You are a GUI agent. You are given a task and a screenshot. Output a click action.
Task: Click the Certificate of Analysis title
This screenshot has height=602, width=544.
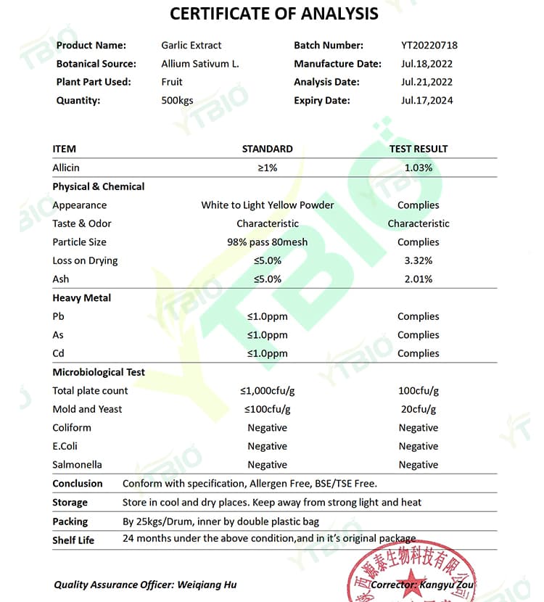tap(273, 13)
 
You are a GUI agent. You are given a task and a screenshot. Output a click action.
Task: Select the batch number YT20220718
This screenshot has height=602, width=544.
tap(429, 45)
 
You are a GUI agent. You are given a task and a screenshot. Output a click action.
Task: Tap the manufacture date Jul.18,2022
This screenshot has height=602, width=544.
tap(426, 64)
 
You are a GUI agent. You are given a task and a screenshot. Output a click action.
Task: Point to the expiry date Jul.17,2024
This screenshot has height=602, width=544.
tap(426, 101)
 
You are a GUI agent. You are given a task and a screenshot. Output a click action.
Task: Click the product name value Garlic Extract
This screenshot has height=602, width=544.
tap(191, 45)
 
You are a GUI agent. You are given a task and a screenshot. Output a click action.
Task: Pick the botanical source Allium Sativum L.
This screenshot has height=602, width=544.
tap(200, 64)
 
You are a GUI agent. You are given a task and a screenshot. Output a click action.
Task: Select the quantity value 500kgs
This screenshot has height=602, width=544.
tap(178, 101)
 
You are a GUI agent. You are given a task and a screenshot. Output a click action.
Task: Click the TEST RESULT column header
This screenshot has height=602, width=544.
tap(419, 149)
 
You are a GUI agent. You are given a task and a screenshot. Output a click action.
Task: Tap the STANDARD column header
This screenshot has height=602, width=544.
tap(267, 149)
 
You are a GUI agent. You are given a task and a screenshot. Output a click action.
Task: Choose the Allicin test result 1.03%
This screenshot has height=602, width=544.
tap(419, 168)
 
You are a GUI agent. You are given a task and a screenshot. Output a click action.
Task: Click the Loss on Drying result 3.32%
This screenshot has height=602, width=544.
tap(419, 260)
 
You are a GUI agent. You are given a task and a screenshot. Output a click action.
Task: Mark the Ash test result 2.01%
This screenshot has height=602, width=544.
tap(419, 279)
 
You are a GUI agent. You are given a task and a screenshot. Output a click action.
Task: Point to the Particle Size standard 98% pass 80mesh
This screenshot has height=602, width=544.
tap(267, 242)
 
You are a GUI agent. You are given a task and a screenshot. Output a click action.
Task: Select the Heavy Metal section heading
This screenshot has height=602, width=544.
tap(82, 298)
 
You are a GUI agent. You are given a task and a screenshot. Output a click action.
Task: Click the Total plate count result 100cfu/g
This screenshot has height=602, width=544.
tap(419, 391)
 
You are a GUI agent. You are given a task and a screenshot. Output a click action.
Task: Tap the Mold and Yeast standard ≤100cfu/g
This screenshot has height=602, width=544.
tap(267, 409)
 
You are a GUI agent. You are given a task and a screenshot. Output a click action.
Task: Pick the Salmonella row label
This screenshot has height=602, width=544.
tap(78, 465)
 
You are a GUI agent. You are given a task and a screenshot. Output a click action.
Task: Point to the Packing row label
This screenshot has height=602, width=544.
tap(70, 521)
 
